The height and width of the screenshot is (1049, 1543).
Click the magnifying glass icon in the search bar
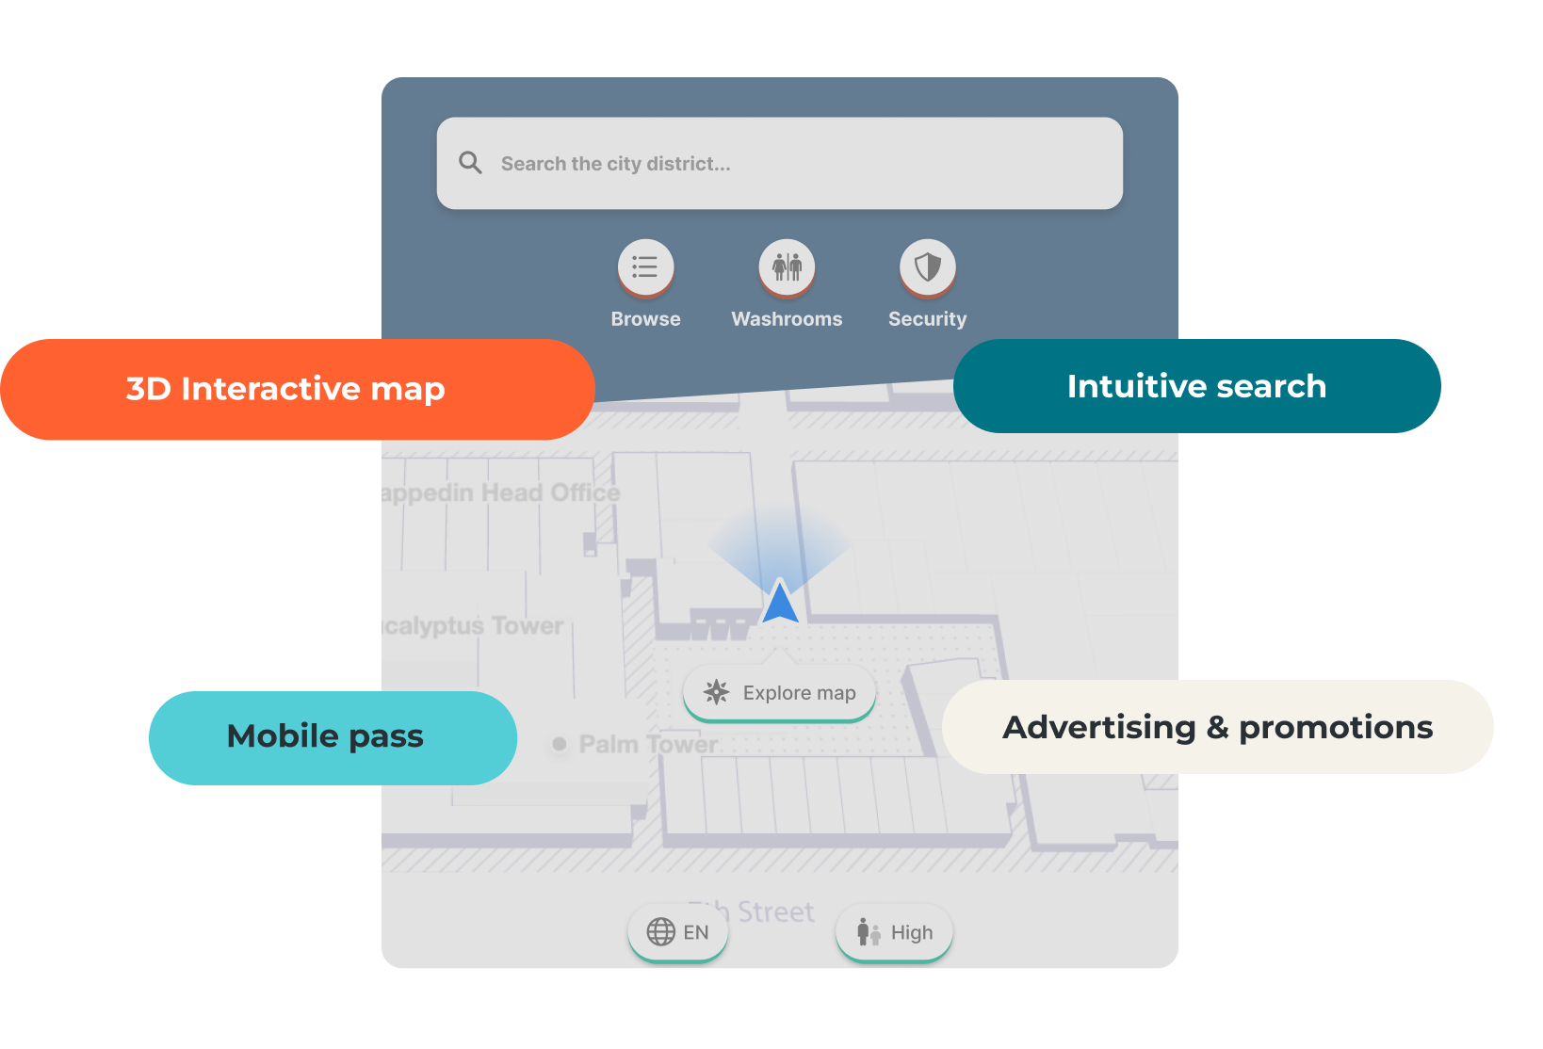pyautogui.click(x=470, y=163)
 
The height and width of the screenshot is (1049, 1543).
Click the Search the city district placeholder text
pyautogui.click(x=615, y=164)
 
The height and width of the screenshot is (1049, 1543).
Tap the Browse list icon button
pyautogui.click(x=645, y=266)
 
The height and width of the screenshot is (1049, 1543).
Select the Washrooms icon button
pyautogui.click(x=787, y=266)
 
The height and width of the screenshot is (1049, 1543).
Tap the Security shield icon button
pyautogui.click(x=928, y=266)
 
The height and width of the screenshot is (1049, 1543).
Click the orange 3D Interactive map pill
pyautogui.click(x=285, y=389)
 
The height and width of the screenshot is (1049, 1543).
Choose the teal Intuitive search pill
pyautogui.click(x=1196, y=386)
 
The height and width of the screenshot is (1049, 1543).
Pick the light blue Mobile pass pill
pyautogui.click(x=326, y=736)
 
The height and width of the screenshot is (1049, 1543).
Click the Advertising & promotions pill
pyautogui.click(x=1217, y=727)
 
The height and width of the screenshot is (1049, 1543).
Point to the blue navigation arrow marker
pyautogui.click(x=780, y=603)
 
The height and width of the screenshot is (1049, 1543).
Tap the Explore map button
pyautogui.click(x=780, y=693)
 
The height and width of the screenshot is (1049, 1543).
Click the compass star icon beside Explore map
pyautogui.click(x=716, y=692)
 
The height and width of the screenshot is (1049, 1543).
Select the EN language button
pyautogui.click(x=678, y=932)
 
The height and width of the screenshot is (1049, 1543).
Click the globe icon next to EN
pyautogui.click(x=660, y=932)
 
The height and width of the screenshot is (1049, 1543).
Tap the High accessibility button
pyautogui.click(x=894, y=932)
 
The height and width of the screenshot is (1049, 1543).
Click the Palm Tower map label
pyautogui.click(x=648, y=744)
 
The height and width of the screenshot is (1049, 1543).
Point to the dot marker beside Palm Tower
pyautogui.click(x=560, y=744)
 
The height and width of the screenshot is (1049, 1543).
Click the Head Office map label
pyautogui.click(x=502, y=492)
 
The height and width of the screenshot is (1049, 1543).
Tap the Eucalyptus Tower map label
pyautogui.click(x=474, y=626)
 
